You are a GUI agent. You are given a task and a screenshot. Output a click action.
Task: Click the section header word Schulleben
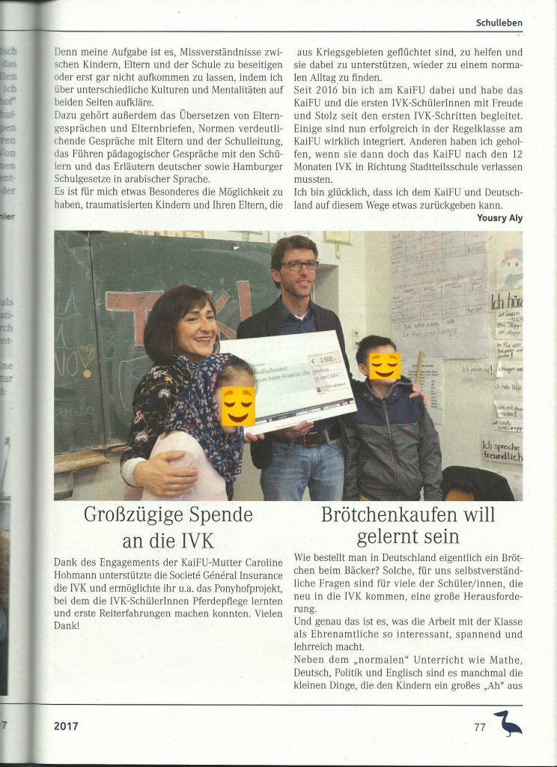(499, 22)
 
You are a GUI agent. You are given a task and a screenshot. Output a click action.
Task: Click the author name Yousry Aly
(499, 218)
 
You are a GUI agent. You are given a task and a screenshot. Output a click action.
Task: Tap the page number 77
(480, 725)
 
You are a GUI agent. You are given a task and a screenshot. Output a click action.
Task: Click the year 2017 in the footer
(66, 725)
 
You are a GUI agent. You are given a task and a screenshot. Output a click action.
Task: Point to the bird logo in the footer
(508, 723)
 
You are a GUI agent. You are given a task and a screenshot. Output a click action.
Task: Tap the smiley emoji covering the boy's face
(384, 366)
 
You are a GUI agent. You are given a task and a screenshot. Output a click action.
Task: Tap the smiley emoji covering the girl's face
(237, 406)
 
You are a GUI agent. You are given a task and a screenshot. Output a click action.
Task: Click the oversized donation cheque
(288, 380)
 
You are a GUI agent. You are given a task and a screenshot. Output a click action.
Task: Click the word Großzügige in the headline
(125, 515)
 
